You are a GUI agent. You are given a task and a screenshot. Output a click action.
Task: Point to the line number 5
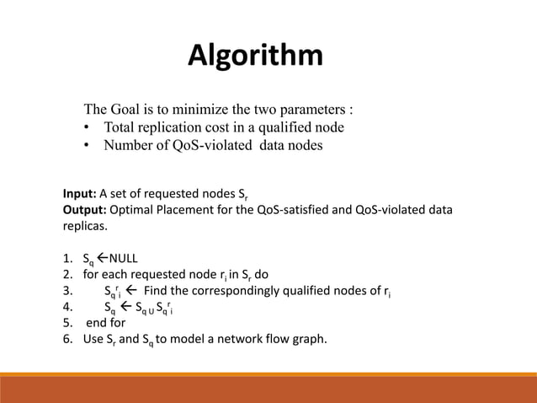click(x=66, y=323)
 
